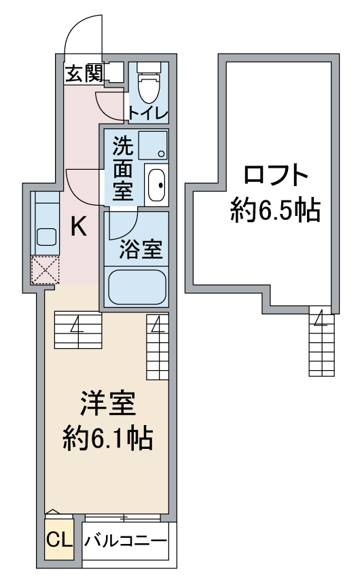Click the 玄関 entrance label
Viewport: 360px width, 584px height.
coord(84,73)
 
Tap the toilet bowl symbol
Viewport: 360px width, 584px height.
coord(149,83)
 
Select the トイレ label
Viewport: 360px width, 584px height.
coord(149,113)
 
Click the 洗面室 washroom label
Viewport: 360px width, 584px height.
coord(123,168)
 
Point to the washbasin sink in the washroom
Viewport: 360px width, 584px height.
coord(156,185)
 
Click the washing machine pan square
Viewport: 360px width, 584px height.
coord(153,145)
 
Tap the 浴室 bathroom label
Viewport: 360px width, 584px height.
coord(141,249)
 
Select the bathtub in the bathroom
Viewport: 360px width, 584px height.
coord(137,287)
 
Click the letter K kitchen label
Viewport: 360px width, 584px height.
coord(79,226)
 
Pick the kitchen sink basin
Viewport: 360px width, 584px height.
coord(46,237)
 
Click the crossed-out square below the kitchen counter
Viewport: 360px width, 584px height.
coord(45,270)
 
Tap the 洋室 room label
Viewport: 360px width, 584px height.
coord(108,404)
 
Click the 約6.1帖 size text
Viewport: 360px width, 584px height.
coord(108,439)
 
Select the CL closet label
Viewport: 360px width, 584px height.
coord(59,539)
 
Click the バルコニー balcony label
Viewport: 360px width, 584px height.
coord(125,541)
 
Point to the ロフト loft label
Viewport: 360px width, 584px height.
coord(276,175)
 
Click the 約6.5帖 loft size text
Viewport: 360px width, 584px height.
coord(275,211)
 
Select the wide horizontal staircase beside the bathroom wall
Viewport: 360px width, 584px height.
coord(78,330)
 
